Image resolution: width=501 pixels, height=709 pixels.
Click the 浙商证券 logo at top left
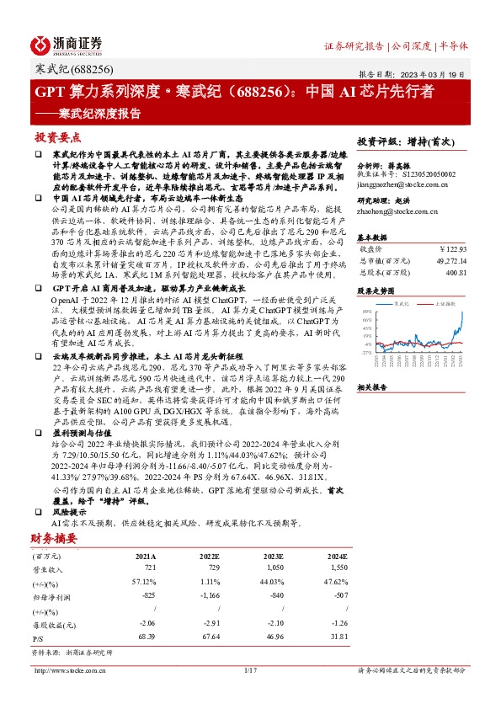click(x=67, y=43)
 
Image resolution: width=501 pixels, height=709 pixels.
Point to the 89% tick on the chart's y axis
click(x=367, y=312)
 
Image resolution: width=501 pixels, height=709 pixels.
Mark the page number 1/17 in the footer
click(x=250, y=670)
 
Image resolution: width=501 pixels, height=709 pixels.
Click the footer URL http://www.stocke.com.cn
click(x=68, y=670)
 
